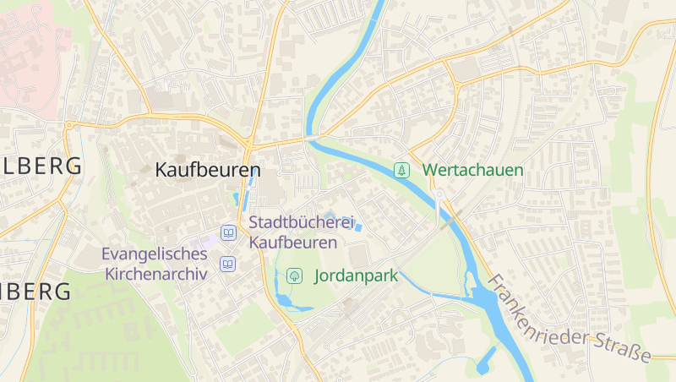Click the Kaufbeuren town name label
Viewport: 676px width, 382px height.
click(207, 169)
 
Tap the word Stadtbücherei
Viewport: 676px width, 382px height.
click(300, 223)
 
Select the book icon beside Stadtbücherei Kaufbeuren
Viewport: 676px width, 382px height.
click(227, 232)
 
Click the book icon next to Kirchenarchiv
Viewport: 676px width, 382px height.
click(227, 265)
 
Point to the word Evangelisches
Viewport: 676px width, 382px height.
click(154, 254)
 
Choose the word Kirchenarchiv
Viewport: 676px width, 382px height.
click(156, 274)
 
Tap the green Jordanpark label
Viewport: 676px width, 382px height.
click(356, 276)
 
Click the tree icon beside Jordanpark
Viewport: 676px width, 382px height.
click(295, 275)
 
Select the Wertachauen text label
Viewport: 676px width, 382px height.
click(472, 170)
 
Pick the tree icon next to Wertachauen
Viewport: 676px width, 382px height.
click(403, 170)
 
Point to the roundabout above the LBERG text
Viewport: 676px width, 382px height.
click(68, 125)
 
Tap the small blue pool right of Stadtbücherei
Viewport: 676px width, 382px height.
click(358, 226)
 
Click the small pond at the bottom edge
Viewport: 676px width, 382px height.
click(485, 363)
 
